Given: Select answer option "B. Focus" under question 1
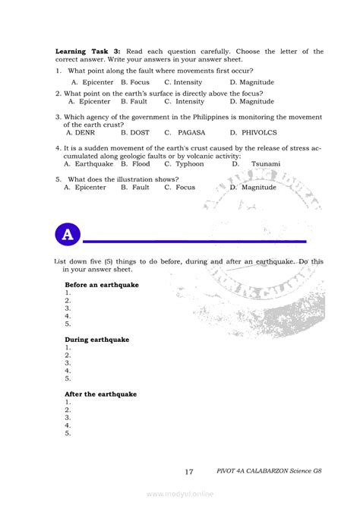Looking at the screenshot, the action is click(134, 81).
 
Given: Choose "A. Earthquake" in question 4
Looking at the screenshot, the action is click(89, 163).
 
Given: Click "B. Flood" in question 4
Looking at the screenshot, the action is click(135, 163).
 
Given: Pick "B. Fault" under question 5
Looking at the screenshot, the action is click(134, 187).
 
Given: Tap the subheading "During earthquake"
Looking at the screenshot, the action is click(96, 340).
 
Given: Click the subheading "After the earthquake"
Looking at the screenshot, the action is click(101, 395).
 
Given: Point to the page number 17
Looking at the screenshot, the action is click(189, 471).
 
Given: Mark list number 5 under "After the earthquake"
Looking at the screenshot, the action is click(68, 433).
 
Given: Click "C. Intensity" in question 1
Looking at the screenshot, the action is click(183, 81).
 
